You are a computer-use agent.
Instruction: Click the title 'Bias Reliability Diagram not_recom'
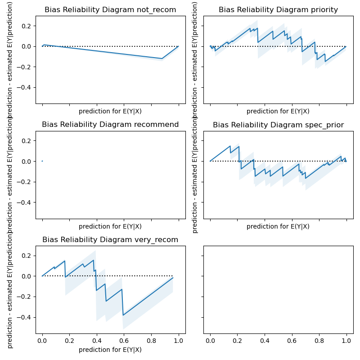110,10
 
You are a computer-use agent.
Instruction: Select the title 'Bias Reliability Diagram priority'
278,10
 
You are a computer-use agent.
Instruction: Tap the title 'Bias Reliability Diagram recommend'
110,125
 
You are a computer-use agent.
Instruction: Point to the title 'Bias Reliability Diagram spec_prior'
278,125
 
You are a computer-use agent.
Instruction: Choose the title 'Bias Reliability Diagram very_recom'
110,239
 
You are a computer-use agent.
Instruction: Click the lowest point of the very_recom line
123,315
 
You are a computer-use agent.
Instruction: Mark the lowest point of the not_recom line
162,58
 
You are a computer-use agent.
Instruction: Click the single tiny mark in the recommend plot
42,161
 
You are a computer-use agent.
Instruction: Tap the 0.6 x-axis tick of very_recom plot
124,341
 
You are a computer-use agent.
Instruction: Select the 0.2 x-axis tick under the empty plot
237,341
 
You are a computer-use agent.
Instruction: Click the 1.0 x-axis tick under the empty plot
346,341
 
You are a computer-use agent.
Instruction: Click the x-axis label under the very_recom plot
110,350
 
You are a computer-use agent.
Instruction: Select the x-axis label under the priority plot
278,111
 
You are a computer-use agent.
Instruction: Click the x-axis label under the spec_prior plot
278,226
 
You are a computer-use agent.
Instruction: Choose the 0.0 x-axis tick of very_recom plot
42,341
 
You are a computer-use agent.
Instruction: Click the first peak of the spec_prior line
230,146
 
